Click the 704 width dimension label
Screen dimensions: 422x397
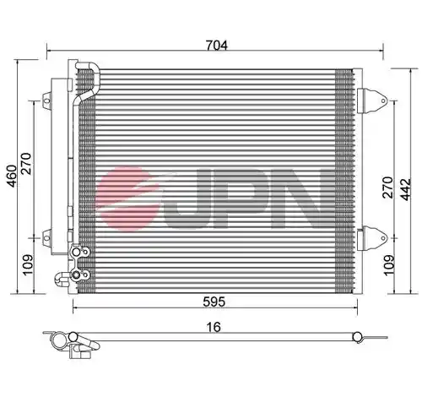coord(216,45)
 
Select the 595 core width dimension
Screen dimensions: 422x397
coord(214,302)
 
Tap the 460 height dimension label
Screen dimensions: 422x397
coord(12,176)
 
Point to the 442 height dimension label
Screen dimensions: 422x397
coord(406,189)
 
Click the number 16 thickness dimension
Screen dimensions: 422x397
coord(214,327)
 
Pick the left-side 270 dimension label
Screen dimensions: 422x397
coord(26,163)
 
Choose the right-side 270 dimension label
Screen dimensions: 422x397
coord(387,188)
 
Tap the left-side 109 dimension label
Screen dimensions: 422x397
coord(28,265)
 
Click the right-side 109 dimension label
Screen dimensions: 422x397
coord(389,265)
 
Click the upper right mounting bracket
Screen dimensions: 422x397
coord(372,101)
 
